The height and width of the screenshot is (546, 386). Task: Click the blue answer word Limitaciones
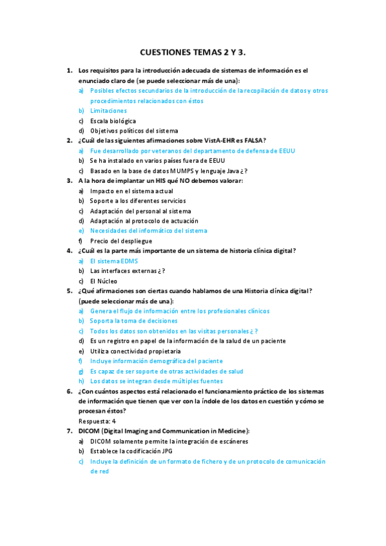108,111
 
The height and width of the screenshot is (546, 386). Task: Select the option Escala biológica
113,121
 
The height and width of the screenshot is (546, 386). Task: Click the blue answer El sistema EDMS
113,261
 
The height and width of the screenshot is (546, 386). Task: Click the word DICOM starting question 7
89,431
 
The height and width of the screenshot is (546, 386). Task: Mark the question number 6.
70,391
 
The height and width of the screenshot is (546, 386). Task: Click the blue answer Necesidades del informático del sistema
148,231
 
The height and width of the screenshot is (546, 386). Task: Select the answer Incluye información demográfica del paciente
156,361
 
